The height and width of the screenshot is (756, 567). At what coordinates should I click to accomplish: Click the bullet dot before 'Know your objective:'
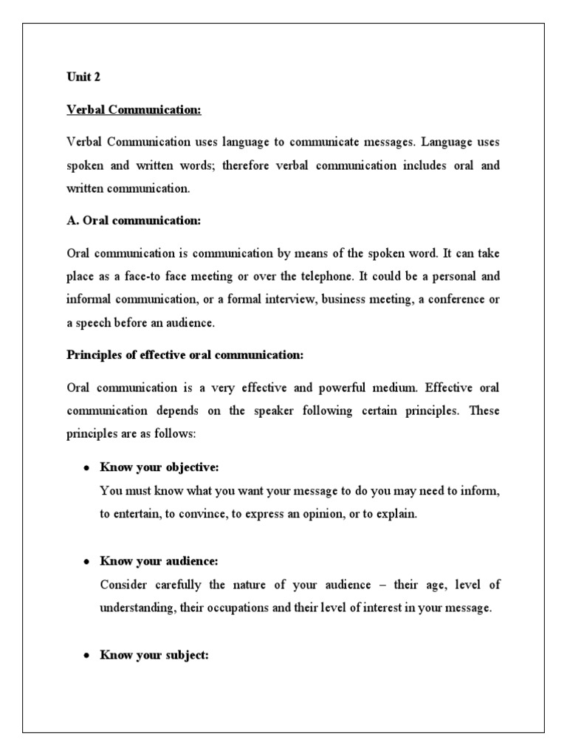point(86,470)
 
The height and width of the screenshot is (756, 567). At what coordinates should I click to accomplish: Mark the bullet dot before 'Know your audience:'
point(86,563)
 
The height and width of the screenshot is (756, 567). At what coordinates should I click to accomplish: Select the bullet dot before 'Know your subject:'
point(86,656)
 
